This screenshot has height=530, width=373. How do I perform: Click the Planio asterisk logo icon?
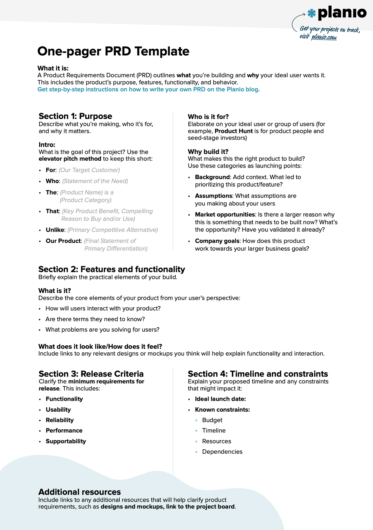coord(311,13)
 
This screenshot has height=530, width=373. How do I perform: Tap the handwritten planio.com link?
coord(324,37)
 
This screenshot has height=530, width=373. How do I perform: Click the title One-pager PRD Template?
coord(113,51)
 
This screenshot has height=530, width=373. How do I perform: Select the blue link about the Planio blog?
coord(149,89)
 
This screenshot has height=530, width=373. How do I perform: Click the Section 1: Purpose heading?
coord(75,116)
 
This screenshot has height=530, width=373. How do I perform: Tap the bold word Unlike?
coord(55,230)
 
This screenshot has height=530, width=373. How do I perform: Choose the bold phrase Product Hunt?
coord(233,131)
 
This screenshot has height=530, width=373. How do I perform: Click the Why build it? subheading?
coord(208,152)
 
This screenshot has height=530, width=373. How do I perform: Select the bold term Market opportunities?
coord(225,215)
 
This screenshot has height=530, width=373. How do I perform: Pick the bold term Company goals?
coord(217,241)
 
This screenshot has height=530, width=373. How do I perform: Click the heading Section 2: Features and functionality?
coord(112,269)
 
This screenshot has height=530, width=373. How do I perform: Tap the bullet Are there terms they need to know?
coord(95,319)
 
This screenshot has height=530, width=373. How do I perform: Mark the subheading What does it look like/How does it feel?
coord(100,347)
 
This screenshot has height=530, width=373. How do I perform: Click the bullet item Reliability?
coord(60,420)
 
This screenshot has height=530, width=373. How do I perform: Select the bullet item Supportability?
coord(66,441)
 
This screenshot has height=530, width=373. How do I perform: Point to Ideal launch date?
coord(220,399)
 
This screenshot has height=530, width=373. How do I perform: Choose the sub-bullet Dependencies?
coord(222,452)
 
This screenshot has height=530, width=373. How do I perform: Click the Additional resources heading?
coord(80,492)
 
